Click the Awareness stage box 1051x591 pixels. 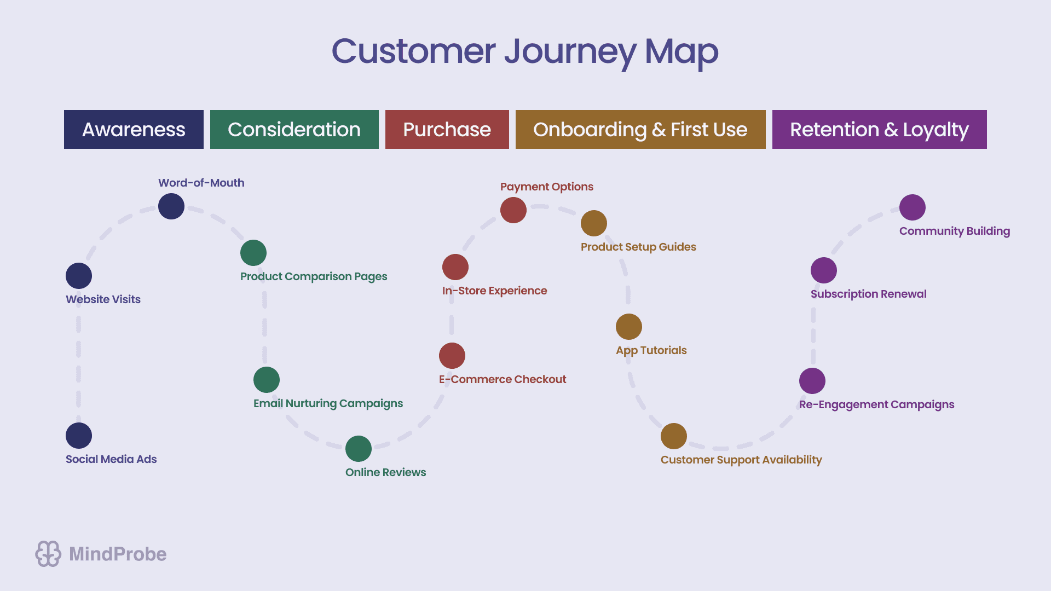click(134, 130)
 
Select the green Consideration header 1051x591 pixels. click(294, 130)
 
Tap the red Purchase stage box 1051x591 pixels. click(447, 130)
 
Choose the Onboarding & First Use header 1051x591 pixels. click(640, 130)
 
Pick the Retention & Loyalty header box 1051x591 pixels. click(879, 130)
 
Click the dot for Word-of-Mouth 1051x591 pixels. click(171, 206)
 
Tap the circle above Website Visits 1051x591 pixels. click(79, 276)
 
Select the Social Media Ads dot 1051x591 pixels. click(79, 436)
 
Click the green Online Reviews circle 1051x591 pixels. click(359, 449)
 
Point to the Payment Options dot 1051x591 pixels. click(513, 210)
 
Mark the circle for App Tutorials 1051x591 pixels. click(629, 327)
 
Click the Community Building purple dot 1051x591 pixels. click(913, 207)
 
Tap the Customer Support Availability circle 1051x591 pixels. click(674, 436)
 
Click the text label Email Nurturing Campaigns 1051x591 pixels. click(328, 404)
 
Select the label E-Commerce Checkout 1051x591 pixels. click(502, 379)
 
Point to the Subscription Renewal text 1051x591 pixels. click(868, 294)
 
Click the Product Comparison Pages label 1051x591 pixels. click(314, 276)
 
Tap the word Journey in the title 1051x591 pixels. click(569, 52)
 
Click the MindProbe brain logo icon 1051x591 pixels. click(48, 554)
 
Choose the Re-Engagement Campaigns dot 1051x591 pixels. click(812, 381)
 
